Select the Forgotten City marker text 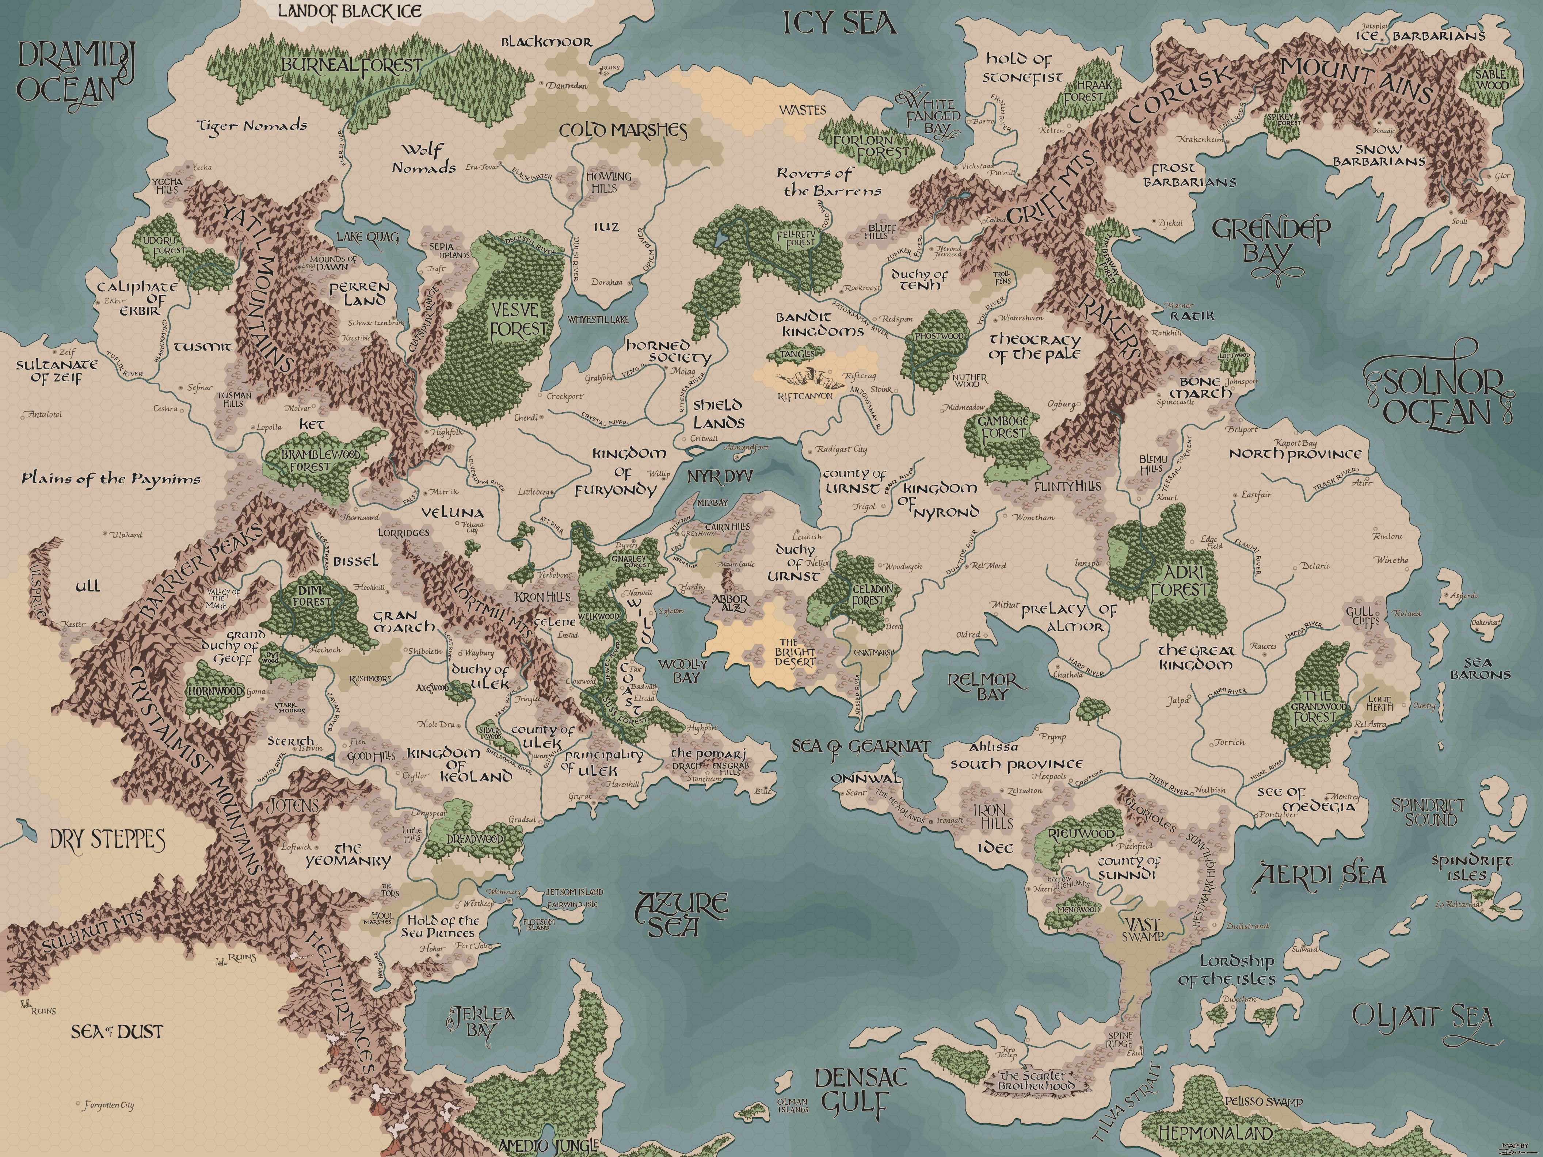[108, 1106]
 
